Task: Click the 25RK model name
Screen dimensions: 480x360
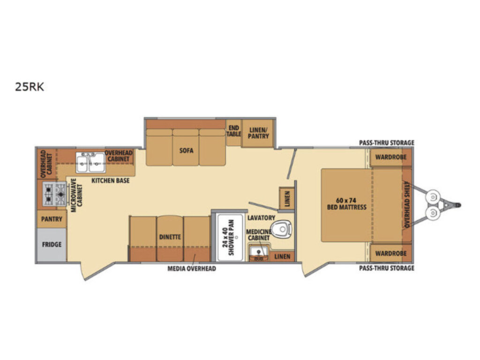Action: click(x=30, y=87)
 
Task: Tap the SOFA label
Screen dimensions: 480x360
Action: click(x=186, y=150)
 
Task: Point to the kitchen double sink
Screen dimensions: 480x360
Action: click(x=90, y=162)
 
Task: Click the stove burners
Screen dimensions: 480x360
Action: click(x=54, y=194)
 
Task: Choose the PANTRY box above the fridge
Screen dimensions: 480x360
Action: click(x=52, y=219)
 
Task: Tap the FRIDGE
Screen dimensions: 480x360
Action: click(x=52, y=245)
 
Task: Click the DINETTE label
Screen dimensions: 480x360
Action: click(x=170, y=237)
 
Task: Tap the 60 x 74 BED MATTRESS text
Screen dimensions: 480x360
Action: click(x=346, y=204)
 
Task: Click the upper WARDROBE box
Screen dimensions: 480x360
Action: click(x=390, y=157)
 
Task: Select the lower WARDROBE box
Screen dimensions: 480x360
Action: click(x=390, y=254)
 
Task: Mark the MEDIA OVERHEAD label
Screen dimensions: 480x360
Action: click(x=192, y=269)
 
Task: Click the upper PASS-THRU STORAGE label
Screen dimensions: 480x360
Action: click(x=386, y=142)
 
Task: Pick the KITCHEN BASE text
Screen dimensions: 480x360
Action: click(x=111, y=180)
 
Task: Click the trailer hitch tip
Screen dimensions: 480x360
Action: click(x=459, y=205)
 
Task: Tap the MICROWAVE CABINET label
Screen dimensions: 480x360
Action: click(x=76, y=195)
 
